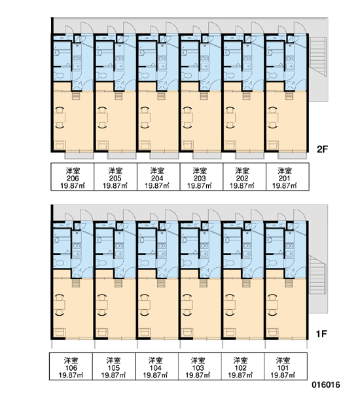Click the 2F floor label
pyautogui.click(x=322, y=149)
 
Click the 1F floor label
pyautogui.click(x=321, y=334)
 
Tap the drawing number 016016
pyautogui.click(x=326, y=384)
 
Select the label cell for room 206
pyautogui.click(x=73, y=177)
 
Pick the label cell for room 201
pyautogui.click(x=287, y=177)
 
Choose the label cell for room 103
pyautogui.click(x=200, y=366)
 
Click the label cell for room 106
pyautogui.click(x=71, y=366)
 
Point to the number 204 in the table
pyautogui.click(x=157, y=178)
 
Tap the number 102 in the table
pyautogui.click(x=240, y=368)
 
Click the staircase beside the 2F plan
pyautogui.click(x=318, y=56)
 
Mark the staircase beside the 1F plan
pyautogui.click(x=317, y=274)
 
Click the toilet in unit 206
pyautogui.click(x=59, y=75)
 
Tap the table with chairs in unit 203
pyautogui.click(x=188, y=117)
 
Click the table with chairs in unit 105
pyautogui.click(x=103, y=305)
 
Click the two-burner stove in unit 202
pyautogui.click(x=247, y=59)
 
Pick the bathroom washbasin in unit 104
pyautogui.click(x=143, y=240)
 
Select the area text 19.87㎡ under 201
pyautogui.click(x=285, y=186)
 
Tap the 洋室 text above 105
pyautogui.click(x=113, y=361)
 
